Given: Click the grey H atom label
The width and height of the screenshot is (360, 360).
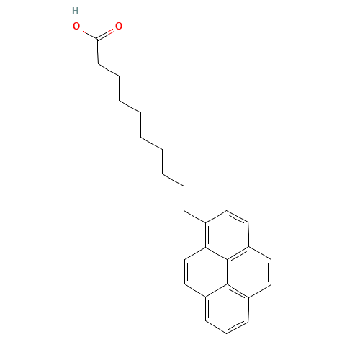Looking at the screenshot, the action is (76, 11).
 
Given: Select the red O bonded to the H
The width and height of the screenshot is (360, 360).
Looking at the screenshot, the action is (76, 26).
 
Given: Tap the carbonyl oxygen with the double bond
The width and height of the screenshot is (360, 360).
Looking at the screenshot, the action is (119, 26).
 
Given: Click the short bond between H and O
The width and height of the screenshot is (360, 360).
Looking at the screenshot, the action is (76, 19).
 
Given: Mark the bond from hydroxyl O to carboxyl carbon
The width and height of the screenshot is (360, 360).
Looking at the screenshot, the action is (90, 35).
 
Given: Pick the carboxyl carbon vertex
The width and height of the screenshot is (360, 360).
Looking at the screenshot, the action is (97, 39).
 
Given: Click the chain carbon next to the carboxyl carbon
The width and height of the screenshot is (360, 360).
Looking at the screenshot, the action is (98, 64).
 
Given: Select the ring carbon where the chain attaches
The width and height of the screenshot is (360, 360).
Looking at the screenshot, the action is (206, 222).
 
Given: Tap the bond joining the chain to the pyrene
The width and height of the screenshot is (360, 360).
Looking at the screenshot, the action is (195, 217).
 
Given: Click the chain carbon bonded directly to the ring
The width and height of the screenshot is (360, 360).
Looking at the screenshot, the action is (184, 211).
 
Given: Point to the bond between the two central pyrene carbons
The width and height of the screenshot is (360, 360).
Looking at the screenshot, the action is (227, 272).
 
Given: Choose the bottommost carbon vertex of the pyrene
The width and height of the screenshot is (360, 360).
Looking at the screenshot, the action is (227, 333).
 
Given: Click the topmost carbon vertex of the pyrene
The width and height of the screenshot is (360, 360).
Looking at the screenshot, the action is (227, 211).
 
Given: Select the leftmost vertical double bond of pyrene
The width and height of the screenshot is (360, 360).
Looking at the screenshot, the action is (186, 272).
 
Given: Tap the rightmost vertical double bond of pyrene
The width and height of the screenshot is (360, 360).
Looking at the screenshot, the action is (270, 272).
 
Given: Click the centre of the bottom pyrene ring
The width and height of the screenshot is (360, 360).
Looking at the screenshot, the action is (227, 309).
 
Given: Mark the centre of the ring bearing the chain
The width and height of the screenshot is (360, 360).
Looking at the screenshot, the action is (227, 235).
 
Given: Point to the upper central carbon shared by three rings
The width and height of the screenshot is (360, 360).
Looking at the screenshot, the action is (227, 259).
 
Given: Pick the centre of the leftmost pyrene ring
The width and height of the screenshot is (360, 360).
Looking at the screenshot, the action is (206, 272).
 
